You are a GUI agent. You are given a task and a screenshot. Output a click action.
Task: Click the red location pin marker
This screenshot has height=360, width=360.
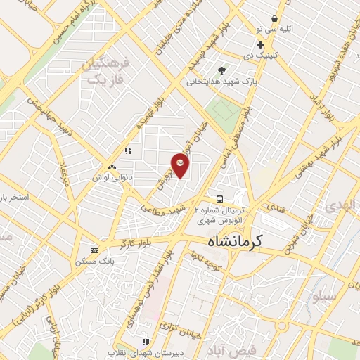(181, 165)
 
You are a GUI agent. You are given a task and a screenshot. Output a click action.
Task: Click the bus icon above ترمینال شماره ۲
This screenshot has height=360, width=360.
(220, 198)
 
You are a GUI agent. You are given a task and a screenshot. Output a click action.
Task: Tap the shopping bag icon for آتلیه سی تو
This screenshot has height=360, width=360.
(274, 18)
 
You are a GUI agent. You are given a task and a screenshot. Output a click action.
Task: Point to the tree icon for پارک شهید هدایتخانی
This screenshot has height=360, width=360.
(222, 70)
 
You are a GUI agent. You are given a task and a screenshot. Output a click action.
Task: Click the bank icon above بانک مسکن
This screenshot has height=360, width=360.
(95, 250)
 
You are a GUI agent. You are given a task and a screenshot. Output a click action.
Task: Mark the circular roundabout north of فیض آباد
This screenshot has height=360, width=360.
(282, 326)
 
